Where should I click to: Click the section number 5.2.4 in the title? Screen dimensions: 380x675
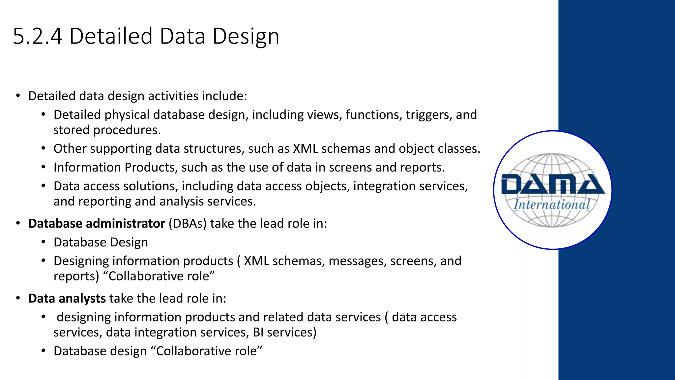[38, 36]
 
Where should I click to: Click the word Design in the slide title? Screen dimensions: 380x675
[246, 36]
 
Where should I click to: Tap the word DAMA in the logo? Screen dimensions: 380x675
[552, 184]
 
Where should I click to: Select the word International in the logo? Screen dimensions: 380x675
[552, 205]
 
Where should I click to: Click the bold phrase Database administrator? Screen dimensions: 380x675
[97, 224]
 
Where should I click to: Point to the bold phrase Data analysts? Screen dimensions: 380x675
[67, 299]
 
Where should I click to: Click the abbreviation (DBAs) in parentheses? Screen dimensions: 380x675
[188, 224]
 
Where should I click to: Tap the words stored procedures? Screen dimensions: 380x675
[107, 130]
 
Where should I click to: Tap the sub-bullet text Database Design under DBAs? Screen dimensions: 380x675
[101, 242]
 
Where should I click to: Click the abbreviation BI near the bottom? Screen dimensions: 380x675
[258, 332]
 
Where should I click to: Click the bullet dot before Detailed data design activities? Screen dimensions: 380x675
[18, 96]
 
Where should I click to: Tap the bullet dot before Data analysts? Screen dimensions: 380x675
[18, 299]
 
